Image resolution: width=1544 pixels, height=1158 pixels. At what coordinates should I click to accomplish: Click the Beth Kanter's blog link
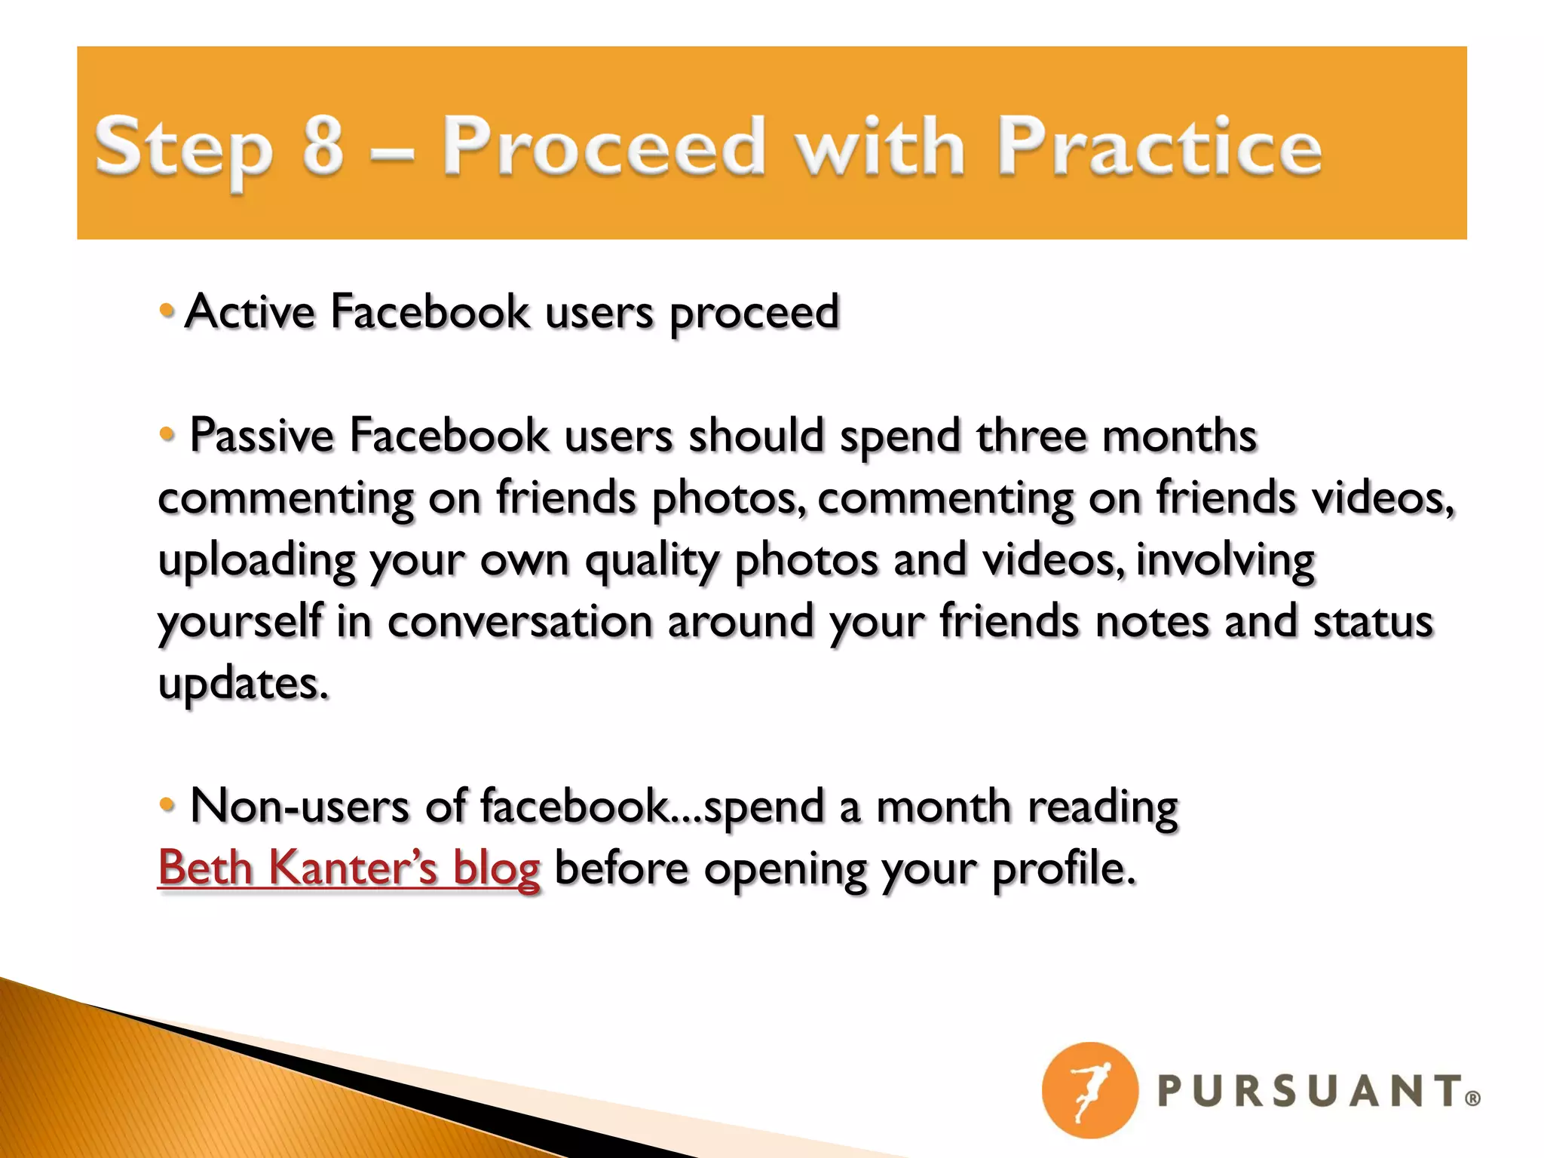click(x=349, y=868)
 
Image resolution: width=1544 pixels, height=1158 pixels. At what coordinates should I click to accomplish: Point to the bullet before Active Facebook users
click(x=167, y=309)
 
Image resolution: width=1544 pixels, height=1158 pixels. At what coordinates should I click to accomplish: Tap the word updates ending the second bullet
click(x=243, y=685)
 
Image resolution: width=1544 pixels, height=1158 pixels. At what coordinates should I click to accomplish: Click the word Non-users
click(x=300, y=806)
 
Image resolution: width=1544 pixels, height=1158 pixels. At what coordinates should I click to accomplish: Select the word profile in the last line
click(x=1063, y=869)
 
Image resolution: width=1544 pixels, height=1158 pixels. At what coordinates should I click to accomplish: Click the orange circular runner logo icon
click(x=1089, y=1090)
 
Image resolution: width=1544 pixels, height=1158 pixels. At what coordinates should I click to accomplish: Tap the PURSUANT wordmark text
click(x=1309, y=1092)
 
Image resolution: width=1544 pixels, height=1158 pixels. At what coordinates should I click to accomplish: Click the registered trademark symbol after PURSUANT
click(x=1472, y=1099)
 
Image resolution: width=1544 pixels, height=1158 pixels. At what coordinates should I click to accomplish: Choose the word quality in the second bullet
click(x=652, y=562)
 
